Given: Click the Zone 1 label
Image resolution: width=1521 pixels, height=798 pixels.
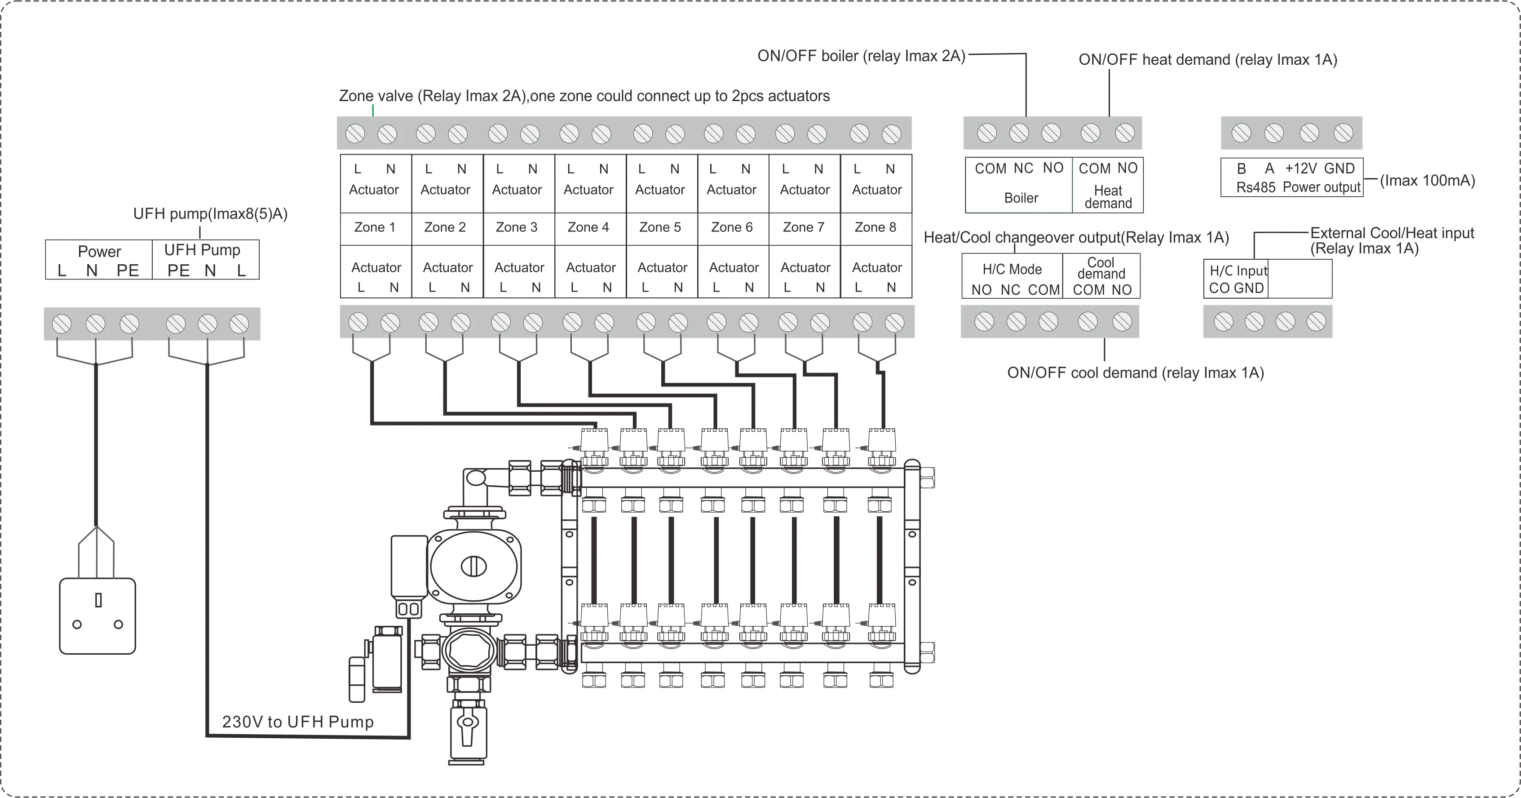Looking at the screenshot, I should tap(374, 227).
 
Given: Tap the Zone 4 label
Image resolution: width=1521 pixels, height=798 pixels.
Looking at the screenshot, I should tap(588, 227).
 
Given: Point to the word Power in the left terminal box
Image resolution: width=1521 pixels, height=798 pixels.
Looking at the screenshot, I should tap(99, 252).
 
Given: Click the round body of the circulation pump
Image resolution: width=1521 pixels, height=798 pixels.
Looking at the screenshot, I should tap(476, 567).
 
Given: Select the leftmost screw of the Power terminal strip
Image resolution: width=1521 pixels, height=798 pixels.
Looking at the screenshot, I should tap(62, 324).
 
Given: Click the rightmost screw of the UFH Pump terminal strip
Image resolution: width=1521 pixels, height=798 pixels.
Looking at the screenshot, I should tap(239, 324).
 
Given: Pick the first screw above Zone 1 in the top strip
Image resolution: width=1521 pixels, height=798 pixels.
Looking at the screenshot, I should tap(355, 134).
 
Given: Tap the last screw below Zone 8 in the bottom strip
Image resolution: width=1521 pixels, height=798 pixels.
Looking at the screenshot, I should tap(894, 323).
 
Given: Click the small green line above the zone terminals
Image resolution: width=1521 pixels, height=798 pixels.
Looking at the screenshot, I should tap(372, 109).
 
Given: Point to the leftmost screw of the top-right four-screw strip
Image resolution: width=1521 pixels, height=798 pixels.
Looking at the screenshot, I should tap(1241, 133).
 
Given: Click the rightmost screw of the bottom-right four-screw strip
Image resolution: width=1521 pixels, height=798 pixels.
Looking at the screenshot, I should tap(1316, 322).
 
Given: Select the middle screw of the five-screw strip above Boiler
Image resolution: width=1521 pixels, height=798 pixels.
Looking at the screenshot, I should tap(1051, 133).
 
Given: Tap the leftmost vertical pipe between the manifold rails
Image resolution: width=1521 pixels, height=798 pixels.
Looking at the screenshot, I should tap(595, 555).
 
